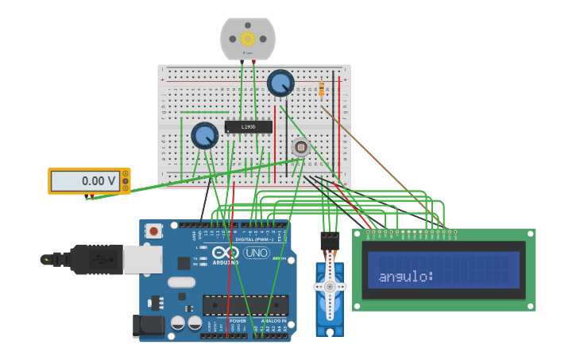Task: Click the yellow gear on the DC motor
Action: tap(247, 38)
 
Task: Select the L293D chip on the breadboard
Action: tap(248, 126)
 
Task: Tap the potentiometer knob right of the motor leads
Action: tap(280, 83)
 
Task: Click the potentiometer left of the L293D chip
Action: tap(204, 135)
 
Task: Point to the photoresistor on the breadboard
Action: tap(300, 147)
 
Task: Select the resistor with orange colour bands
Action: tap(321, 90)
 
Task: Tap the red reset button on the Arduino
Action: tap(153, 231)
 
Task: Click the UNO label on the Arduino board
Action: tap(256, 253)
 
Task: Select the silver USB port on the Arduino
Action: tap(143, 259)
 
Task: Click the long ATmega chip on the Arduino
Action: tap(245, 305)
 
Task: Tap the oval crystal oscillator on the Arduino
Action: tap(181, 281)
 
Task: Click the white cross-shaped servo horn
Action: tap(330, 287)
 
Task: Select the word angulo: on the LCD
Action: tap(406, 277)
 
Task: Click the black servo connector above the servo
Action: tap(330, 241)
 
